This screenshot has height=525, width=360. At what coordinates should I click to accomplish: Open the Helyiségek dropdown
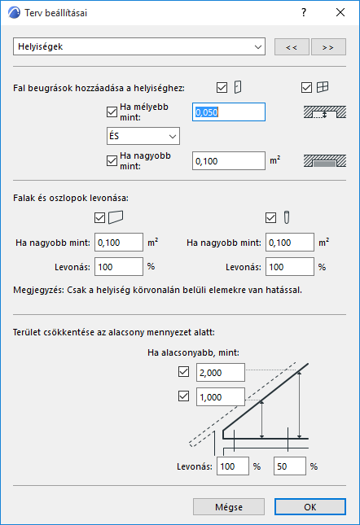tap(139, 46)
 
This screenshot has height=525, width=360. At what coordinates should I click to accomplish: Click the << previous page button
tap(291, 47)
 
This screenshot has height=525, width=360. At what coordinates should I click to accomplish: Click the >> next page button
tap(328, 47)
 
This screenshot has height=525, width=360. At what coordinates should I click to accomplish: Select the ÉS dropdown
tap(143, 136)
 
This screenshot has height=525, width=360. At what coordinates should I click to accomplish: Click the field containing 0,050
tap(229, 112)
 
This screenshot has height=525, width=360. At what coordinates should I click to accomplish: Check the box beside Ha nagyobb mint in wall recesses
tap(112, 160)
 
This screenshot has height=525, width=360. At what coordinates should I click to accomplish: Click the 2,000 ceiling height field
tap(220, 373)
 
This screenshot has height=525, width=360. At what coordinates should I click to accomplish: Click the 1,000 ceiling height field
tap(220, 396)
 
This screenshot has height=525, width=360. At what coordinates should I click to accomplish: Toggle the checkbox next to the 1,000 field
tap(183, 396)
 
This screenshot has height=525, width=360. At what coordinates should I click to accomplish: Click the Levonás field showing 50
tap(289, 466)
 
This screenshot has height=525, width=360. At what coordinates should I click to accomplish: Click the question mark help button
tap(303, 13)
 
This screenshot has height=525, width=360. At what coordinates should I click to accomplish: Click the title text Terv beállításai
tap(61, 13)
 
